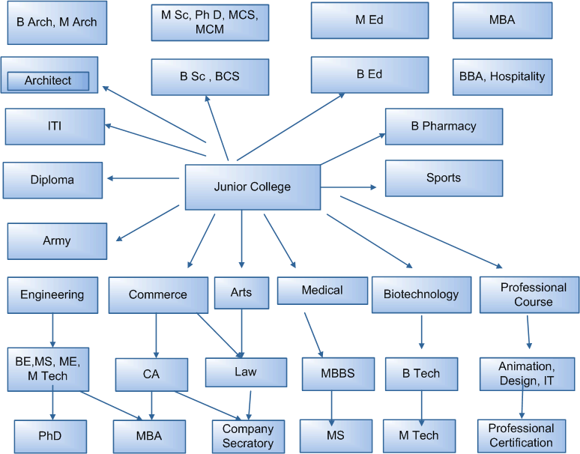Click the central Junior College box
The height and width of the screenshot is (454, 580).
point(253,187)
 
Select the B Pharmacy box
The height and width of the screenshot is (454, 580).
point(444,127)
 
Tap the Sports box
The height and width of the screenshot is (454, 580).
point(444,178)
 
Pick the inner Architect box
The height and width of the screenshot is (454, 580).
point(48,80)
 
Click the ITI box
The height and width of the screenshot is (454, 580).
point(55,126)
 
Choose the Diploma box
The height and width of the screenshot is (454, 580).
point(52,180)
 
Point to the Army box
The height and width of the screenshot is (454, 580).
point(57,240)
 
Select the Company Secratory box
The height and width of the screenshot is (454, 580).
point(248,436)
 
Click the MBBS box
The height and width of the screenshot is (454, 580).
point(339,373)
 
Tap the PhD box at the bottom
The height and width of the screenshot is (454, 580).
point(49,435)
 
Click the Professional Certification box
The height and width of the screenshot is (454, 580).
point(522,435)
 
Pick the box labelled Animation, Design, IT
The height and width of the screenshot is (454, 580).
point(527,373)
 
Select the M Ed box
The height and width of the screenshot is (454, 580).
point(369,20)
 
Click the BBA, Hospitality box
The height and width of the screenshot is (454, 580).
point(502,76)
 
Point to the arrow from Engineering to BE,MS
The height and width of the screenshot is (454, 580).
point(52,328)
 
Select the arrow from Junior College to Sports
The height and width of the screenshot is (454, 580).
point(349,187)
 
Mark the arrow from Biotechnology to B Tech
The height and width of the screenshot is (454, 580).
point(422,331)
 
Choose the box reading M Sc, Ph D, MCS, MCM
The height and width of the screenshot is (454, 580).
point(210,22)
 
